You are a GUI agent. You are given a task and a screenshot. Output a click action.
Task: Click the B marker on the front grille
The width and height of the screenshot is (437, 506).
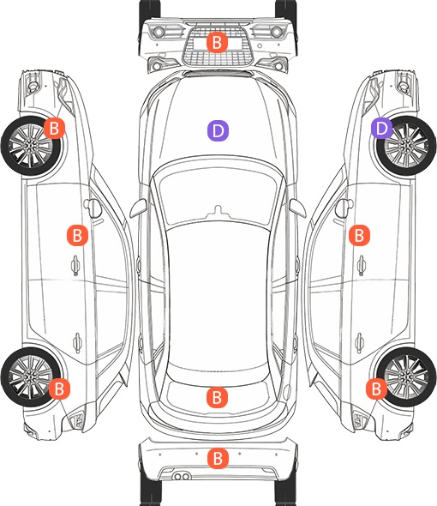217,42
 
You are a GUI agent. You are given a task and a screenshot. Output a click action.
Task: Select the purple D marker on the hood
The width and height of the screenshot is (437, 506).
218,130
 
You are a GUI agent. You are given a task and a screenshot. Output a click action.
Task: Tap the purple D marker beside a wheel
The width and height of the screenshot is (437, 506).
381,128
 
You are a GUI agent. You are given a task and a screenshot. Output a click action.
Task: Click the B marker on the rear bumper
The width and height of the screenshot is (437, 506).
218,458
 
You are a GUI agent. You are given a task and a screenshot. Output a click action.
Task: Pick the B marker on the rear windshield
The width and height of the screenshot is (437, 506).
217,397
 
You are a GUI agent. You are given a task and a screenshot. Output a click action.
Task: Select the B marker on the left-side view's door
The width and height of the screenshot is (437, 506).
77,235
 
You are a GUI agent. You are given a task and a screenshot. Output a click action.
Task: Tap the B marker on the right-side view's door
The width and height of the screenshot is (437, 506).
359,235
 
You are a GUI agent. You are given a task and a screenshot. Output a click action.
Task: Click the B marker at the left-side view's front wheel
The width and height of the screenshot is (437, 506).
54,128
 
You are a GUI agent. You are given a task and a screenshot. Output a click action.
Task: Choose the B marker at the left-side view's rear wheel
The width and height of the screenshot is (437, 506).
59,389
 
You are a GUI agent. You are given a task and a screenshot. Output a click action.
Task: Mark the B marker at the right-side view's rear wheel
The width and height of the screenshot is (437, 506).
376,389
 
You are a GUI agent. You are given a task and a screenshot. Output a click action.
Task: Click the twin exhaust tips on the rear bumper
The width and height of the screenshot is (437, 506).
182,476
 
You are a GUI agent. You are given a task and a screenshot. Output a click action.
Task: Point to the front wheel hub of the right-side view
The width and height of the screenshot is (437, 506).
406,146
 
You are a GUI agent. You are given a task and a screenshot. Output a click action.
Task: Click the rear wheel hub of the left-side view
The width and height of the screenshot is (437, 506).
30,377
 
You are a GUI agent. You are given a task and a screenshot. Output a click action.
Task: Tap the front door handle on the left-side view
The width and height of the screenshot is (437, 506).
75,265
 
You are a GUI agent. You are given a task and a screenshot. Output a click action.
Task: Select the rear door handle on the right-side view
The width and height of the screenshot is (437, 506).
360,342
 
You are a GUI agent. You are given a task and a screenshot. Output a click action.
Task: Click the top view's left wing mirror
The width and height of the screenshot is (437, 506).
138,208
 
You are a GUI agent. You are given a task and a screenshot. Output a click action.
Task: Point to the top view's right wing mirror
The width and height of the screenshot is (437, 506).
297,208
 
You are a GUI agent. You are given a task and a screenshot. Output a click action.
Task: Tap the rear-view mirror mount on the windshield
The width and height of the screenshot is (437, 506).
218,211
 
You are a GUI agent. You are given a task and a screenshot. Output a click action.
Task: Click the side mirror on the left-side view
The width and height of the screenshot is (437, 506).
93,208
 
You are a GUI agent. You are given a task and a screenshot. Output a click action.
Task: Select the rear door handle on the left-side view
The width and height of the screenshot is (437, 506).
77,342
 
